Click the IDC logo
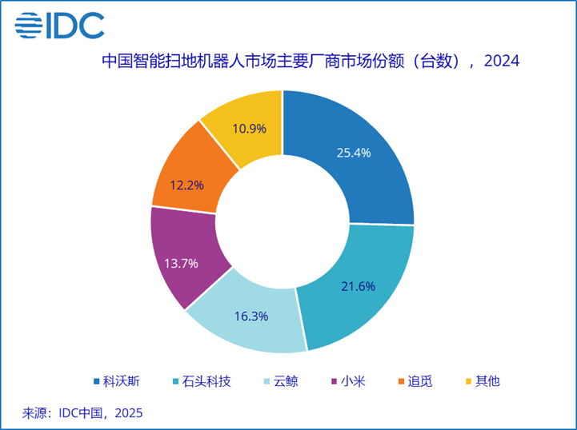click(59, 26)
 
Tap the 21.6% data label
click(357, 286)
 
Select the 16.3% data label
click(251, 316)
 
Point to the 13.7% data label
click(182, 263)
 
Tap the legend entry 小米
click(349, 381)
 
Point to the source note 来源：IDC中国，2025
click(82, 413)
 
